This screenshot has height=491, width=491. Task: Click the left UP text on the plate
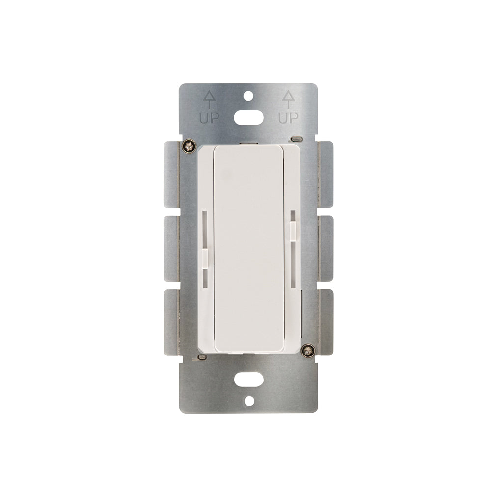(x=209, y=118)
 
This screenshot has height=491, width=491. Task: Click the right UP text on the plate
(x=288, y=118)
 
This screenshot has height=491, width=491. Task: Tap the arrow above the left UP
(x=209, y=100)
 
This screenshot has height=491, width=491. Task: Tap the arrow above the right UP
(x=288, y=100)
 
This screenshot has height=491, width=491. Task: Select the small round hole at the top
(x=248, y=96)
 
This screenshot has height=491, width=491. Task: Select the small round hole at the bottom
(x=248, y=401)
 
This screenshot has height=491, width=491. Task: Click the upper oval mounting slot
(x=248, y=118)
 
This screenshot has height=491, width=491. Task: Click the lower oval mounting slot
(x=248, y=380)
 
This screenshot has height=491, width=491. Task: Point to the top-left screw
(x=189, y=146)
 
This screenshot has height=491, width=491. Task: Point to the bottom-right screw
(x=308, y=350)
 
